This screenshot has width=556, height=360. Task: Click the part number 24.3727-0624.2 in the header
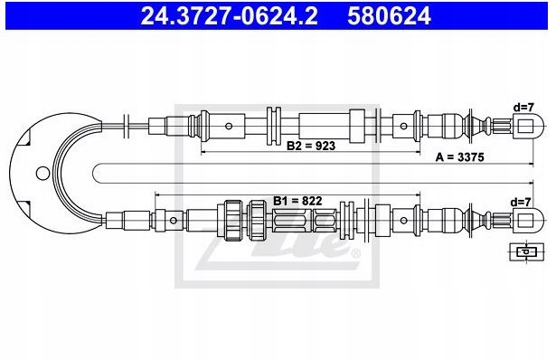229,16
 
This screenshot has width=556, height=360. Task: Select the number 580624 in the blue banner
389,16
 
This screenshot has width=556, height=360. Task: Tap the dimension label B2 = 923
311,146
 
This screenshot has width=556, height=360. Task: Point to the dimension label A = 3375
459,156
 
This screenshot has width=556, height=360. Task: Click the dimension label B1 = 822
297,201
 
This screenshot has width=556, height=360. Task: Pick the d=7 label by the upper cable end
523,107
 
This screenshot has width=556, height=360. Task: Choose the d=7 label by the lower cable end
521,202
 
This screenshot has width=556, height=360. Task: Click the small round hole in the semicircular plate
42,173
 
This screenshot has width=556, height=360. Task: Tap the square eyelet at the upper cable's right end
525,126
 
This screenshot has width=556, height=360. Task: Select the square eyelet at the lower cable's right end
525,221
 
